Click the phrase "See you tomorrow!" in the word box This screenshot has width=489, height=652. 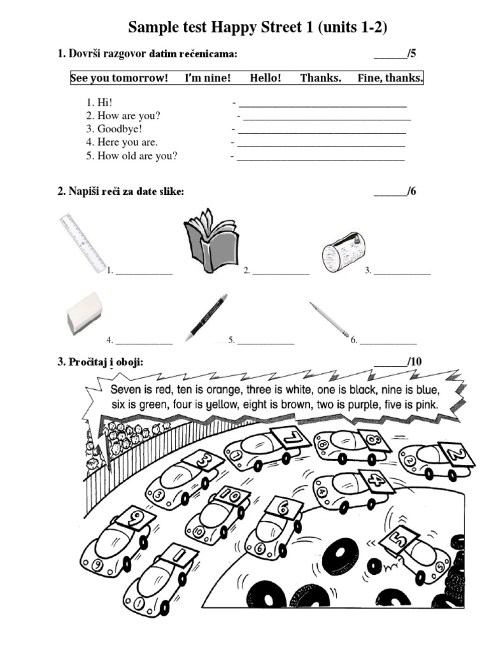(x=119, y=78)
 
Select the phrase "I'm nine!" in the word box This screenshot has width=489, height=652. (x=208, y=78)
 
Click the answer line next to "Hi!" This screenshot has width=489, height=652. (x=322, y=103)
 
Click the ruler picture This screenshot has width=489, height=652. (x=83, y=243)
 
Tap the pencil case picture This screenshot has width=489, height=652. (x=343, y=253)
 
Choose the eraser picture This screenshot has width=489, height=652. (x=84, y=313)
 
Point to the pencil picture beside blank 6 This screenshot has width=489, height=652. (x=330, y=319)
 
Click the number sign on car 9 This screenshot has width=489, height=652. (x=135, y=518)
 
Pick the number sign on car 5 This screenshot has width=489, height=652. (x=398, y=540)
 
